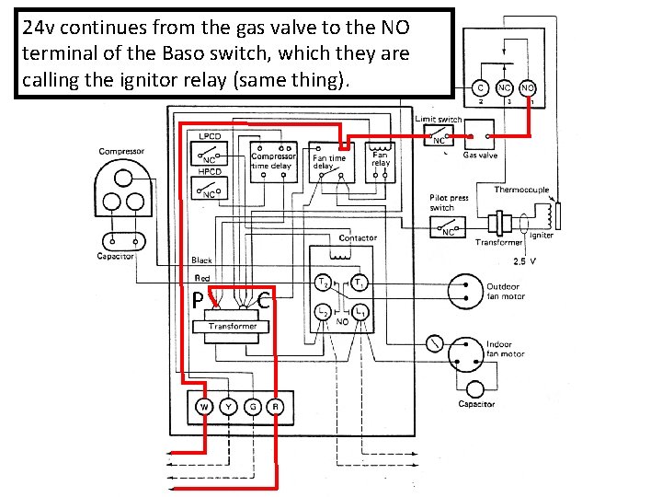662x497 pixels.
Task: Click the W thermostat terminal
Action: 203,407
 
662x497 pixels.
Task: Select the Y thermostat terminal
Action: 228,407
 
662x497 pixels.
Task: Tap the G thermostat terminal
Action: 252,407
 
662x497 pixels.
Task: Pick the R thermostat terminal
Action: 275,407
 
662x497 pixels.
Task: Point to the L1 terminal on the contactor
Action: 361,315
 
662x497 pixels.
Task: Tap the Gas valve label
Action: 480,156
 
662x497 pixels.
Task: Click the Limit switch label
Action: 439,120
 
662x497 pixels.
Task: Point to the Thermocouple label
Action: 521,191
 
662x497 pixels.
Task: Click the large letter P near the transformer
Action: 198,299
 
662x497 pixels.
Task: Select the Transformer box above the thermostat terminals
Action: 233,327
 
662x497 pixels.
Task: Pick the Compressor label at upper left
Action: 121,151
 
